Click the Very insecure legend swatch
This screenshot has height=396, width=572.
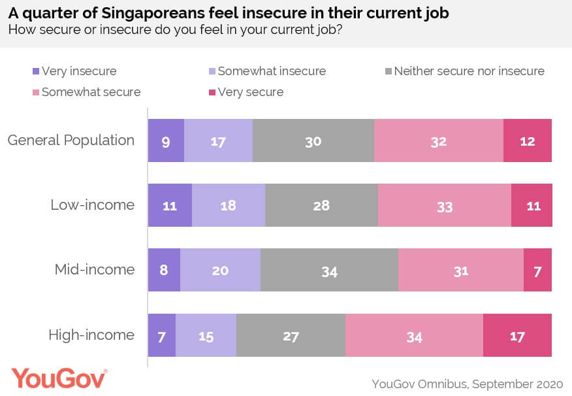coord(35,71)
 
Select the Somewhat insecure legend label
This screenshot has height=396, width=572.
coord(272,71)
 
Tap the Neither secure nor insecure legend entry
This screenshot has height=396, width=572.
coord(469,71)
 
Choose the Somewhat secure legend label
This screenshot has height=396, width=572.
coord(91,92)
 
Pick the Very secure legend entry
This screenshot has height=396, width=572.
coord(251,92)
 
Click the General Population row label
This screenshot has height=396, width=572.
coord(71,140)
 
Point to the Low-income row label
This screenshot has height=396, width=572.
coord(93,205)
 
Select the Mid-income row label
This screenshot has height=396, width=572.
coord(95,270)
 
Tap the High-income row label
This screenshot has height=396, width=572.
coord(91,335)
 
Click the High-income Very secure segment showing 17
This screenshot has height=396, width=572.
coord(517,335)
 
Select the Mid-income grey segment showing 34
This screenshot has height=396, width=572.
coord(329,270)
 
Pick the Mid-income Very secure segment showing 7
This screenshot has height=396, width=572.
coord(537,270)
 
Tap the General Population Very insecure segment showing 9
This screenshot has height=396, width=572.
coord(166,140)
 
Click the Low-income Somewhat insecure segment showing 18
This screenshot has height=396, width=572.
coord(229,205)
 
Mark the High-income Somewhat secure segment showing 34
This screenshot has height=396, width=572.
coord(414,335)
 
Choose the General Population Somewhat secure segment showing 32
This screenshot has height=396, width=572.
coord(438,140)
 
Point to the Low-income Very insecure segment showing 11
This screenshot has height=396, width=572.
coord(170,205)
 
